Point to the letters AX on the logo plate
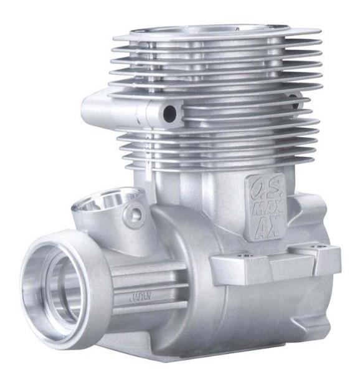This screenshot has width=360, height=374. coord(268,228)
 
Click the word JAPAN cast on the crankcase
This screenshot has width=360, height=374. coord(141,297)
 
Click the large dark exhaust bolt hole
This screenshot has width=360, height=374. coord(169,113)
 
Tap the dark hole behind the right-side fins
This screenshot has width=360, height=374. coord(294,102)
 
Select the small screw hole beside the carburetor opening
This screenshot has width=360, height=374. coord(136,213)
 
